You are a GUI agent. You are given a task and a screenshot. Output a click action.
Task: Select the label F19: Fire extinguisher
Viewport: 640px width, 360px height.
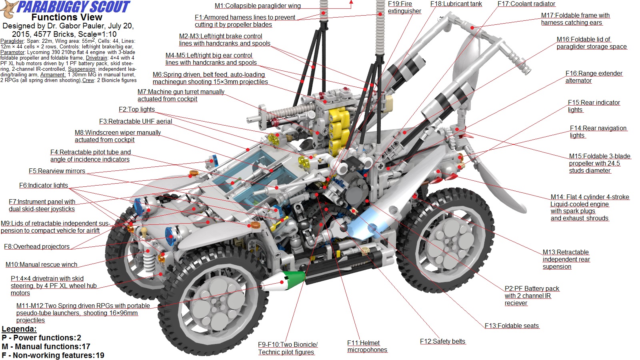(404, 7)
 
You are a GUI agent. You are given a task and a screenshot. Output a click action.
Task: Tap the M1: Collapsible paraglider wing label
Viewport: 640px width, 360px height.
(257, 6)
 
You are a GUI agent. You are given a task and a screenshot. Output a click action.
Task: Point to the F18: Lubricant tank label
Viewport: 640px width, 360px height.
(456, 4)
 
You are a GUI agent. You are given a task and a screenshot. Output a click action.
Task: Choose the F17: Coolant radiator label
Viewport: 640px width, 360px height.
(526, 4)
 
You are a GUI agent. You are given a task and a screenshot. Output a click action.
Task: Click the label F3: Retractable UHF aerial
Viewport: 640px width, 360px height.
(136, 121)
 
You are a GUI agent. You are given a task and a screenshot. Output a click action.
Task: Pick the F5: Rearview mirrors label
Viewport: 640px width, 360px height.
(57, 171)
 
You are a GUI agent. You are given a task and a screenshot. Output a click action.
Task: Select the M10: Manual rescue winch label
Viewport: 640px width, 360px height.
(41, 264)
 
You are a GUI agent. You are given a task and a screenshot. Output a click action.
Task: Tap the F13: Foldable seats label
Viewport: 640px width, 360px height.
(512, 326)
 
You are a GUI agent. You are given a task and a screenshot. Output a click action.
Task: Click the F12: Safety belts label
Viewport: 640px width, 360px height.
(442, 341)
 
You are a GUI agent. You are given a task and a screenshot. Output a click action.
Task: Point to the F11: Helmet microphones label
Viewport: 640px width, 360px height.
(367, 346)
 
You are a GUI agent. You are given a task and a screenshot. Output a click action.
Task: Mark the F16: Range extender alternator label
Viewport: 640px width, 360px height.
(594, 77)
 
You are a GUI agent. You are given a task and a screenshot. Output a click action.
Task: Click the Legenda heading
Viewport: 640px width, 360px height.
(19, 329)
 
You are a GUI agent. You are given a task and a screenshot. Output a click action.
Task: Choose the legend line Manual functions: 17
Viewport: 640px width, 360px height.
(46, 346)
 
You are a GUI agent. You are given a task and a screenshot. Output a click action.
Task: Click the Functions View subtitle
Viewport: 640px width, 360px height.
(67, 17)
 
